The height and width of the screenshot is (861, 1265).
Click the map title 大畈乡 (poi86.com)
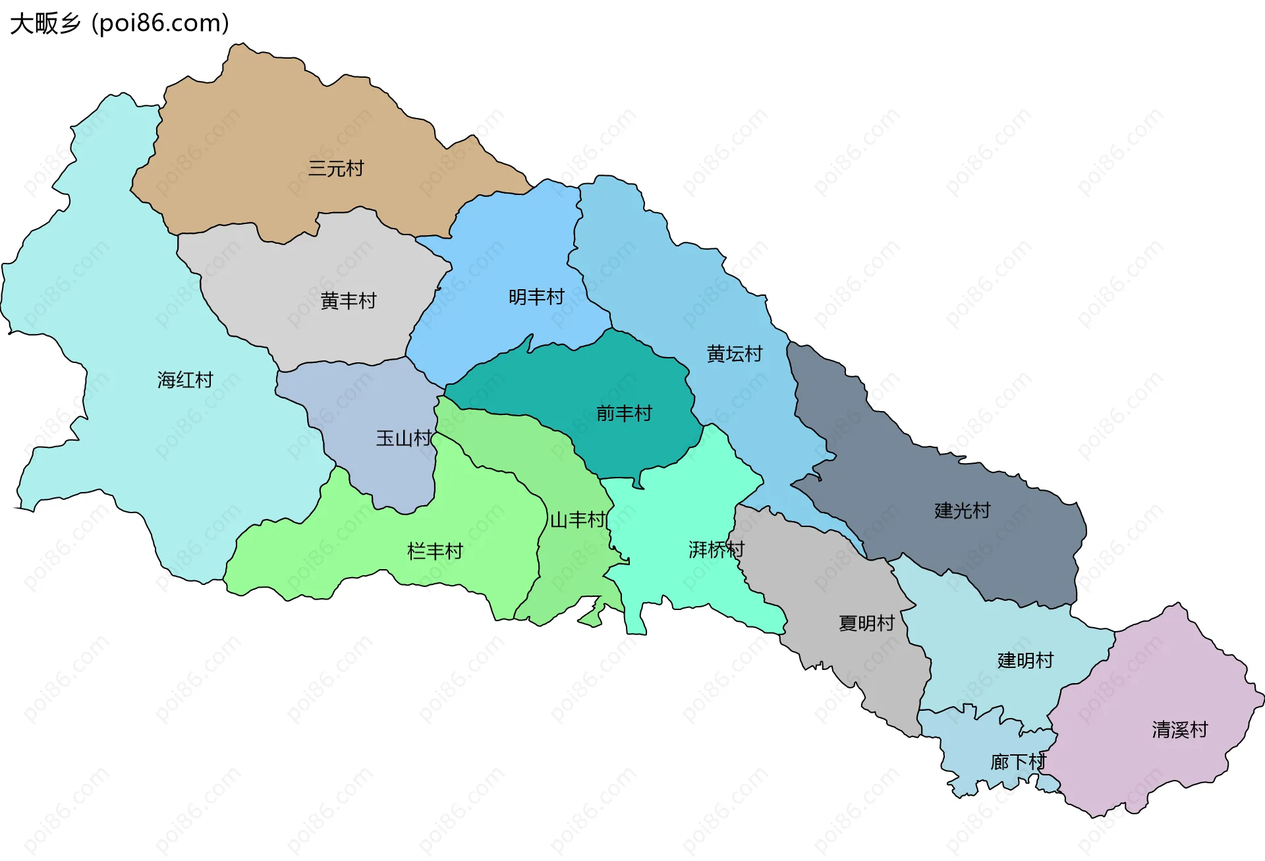pos(119,24)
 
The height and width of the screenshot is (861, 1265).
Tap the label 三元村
pos(336,169)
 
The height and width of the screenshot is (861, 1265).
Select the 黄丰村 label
pos(348,301)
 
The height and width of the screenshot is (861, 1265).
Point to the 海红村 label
pos(185,380)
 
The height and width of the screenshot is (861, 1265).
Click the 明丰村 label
pos(536,297)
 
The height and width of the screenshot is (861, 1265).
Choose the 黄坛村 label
pos(734,354)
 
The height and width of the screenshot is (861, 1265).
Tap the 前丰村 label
pos(624,414)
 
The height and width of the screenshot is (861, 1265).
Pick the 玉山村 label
pos(403,438)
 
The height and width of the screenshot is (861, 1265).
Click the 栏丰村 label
pos(435,551)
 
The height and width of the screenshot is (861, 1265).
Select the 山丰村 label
pos(578,520)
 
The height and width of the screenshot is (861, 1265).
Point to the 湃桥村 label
pos(716,549)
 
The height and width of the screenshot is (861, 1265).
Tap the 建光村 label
pos(962,511)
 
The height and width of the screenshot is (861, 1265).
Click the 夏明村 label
pos(866,623)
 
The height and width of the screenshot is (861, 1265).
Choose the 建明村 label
pos(1025,660)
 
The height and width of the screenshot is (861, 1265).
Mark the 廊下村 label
pos(1018,762)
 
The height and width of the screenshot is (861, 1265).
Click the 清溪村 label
pos(1179,730)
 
